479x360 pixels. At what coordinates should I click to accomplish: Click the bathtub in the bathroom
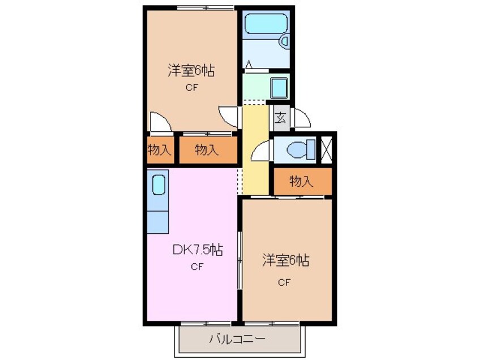(x=265, y=25)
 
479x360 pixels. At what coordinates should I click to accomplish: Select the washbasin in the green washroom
(x=279, y=88)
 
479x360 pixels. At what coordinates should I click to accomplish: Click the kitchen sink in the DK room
(x=158, y=185)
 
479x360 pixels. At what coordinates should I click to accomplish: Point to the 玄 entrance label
(x=280, y=118)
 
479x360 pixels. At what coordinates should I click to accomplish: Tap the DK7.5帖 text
(x=197, y=250)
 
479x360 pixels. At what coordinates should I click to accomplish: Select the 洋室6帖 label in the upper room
(x=190, y=71)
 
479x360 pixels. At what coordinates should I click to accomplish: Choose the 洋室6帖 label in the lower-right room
(x=285, y=261)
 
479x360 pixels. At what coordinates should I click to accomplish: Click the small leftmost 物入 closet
(x=159, y=150)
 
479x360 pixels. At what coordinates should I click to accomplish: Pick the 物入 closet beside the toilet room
(x=301, y=182)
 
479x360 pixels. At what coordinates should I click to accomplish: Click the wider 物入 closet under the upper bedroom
(x=207, y=150)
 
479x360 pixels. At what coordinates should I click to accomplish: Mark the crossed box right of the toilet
(x=327, y=150)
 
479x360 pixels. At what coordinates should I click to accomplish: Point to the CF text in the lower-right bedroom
(x=284, y=283)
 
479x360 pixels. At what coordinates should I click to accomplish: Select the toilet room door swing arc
(x=262, y=152)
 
